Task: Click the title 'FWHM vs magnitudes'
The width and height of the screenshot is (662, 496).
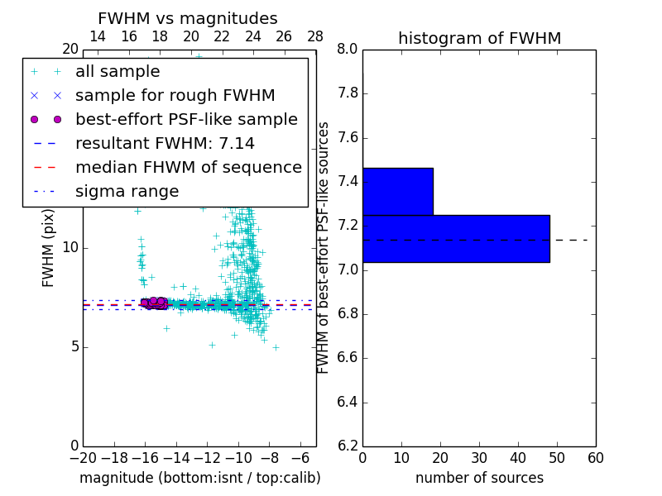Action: [188, 19]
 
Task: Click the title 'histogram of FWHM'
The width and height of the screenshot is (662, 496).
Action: [479, 39]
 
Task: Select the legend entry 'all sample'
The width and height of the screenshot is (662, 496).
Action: [118, 72]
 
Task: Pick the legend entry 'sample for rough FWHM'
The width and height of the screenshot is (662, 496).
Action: [175, 95]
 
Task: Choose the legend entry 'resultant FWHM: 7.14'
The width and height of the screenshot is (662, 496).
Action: [165, 143]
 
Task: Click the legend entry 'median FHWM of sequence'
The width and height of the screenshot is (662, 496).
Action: [188, 167]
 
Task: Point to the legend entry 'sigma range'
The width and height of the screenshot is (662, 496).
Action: [127, 191]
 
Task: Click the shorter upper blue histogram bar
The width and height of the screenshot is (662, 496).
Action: [397, 191]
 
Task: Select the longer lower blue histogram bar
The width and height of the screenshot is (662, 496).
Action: [456, 238]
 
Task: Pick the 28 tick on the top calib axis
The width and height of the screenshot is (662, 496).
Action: [315, 36]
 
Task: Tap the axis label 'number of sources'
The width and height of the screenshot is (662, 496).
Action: [479, 478]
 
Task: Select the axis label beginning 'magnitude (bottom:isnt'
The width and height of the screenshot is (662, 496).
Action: [199, 478]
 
